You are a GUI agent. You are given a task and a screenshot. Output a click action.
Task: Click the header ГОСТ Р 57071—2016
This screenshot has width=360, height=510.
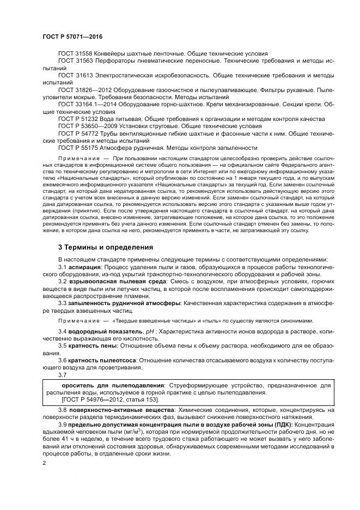coord(72,37)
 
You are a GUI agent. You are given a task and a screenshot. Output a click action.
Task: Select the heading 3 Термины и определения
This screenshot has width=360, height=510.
coord(105,247)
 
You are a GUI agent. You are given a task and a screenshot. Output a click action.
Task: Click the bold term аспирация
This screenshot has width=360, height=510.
coord(84,269)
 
